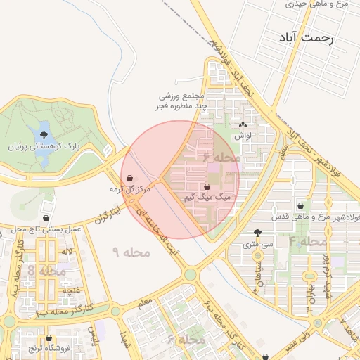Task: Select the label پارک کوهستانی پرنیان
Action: tap(51, 147)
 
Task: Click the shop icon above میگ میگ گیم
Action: tap(207, 187)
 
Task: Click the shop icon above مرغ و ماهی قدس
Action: tap(301, 206)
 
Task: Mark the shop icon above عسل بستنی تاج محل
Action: tap(46, 219)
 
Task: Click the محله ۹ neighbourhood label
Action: tap(131, 251)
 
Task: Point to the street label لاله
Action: tap(67, 251)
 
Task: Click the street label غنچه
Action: tap(71, 289)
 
